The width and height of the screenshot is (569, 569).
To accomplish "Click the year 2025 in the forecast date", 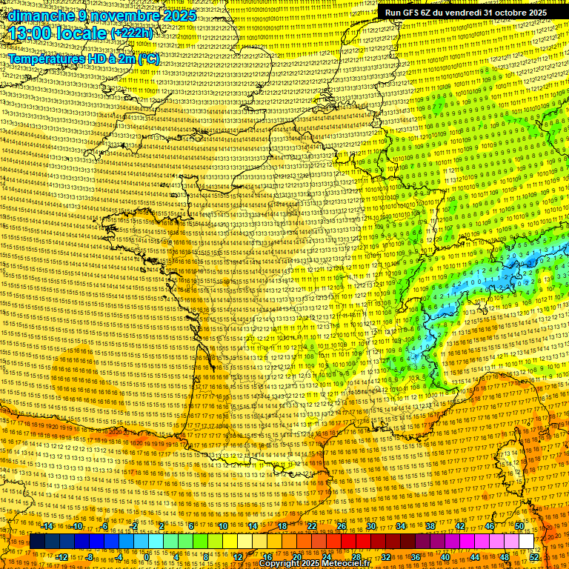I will pyautogui.click(x=179, y=16).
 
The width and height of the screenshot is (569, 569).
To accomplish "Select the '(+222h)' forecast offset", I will pyautogui.click(x=133, y=34).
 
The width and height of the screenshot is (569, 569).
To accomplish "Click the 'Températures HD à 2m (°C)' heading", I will pyautogui.click(x=84, y=59).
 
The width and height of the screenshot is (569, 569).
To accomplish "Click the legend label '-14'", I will pyautogui.click(x=48, y=526).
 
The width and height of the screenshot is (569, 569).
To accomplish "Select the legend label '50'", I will pyautogui.click(x=519, y=526).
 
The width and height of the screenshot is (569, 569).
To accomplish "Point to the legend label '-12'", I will pyautogui.click(x=62, y=557).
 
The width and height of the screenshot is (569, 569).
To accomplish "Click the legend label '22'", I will pyautogui.click(x=312, y=526).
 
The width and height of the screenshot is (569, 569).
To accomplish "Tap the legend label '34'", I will pyautogui.click(x=401, y=526).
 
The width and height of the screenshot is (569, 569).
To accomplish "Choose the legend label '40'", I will pyautogui.click(x=445, y=557).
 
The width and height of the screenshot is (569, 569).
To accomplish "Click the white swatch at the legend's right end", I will pyautogui.click(x=527, y=542).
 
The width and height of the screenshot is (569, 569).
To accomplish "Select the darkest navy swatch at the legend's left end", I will pyautogui.click(x=37, y=542).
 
